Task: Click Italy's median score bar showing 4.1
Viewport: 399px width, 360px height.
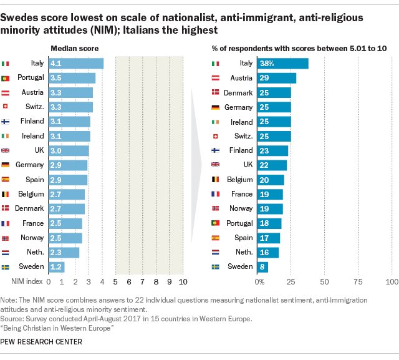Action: point(75,63)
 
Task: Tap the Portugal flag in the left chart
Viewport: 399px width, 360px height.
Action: point(6,78)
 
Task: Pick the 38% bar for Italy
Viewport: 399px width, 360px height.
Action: point(283,63)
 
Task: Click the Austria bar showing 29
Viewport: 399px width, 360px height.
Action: point(277,78)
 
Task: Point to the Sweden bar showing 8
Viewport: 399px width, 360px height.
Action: point(264,267)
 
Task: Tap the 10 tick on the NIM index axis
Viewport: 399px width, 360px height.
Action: point(183,281)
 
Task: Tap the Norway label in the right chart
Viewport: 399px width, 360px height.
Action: point(241,208)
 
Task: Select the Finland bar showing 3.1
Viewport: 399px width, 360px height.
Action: point(69,121)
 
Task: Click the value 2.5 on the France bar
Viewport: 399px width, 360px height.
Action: point(56,223)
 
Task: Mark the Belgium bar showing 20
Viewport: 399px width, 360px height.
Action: point(271,180)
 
